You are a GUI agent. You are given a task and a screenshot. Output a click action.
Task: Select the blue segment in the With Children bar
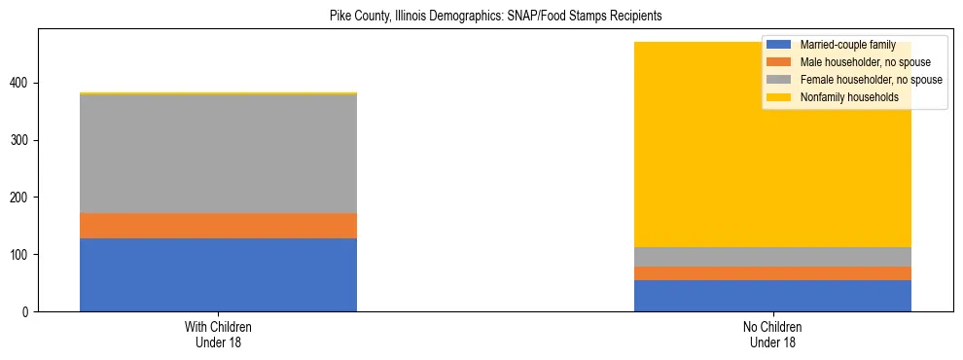(x=218, y=274)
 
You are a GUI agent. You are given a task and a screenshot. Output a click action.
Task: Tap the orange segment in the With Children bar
(x=218, y=226)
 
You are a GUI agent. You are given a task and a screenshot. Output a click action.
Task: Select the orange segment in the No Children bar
(x=772, y=273)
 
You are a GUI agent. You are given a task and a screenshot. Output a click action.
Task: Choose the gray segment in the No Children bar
(x=772, y=257)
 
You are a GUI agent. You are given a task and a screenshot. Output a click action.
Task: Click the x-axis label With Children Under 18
(x=218, y=334)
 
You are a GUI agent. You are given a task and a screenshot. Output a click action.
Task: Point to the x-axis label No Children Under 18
(x=772, y=334)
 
